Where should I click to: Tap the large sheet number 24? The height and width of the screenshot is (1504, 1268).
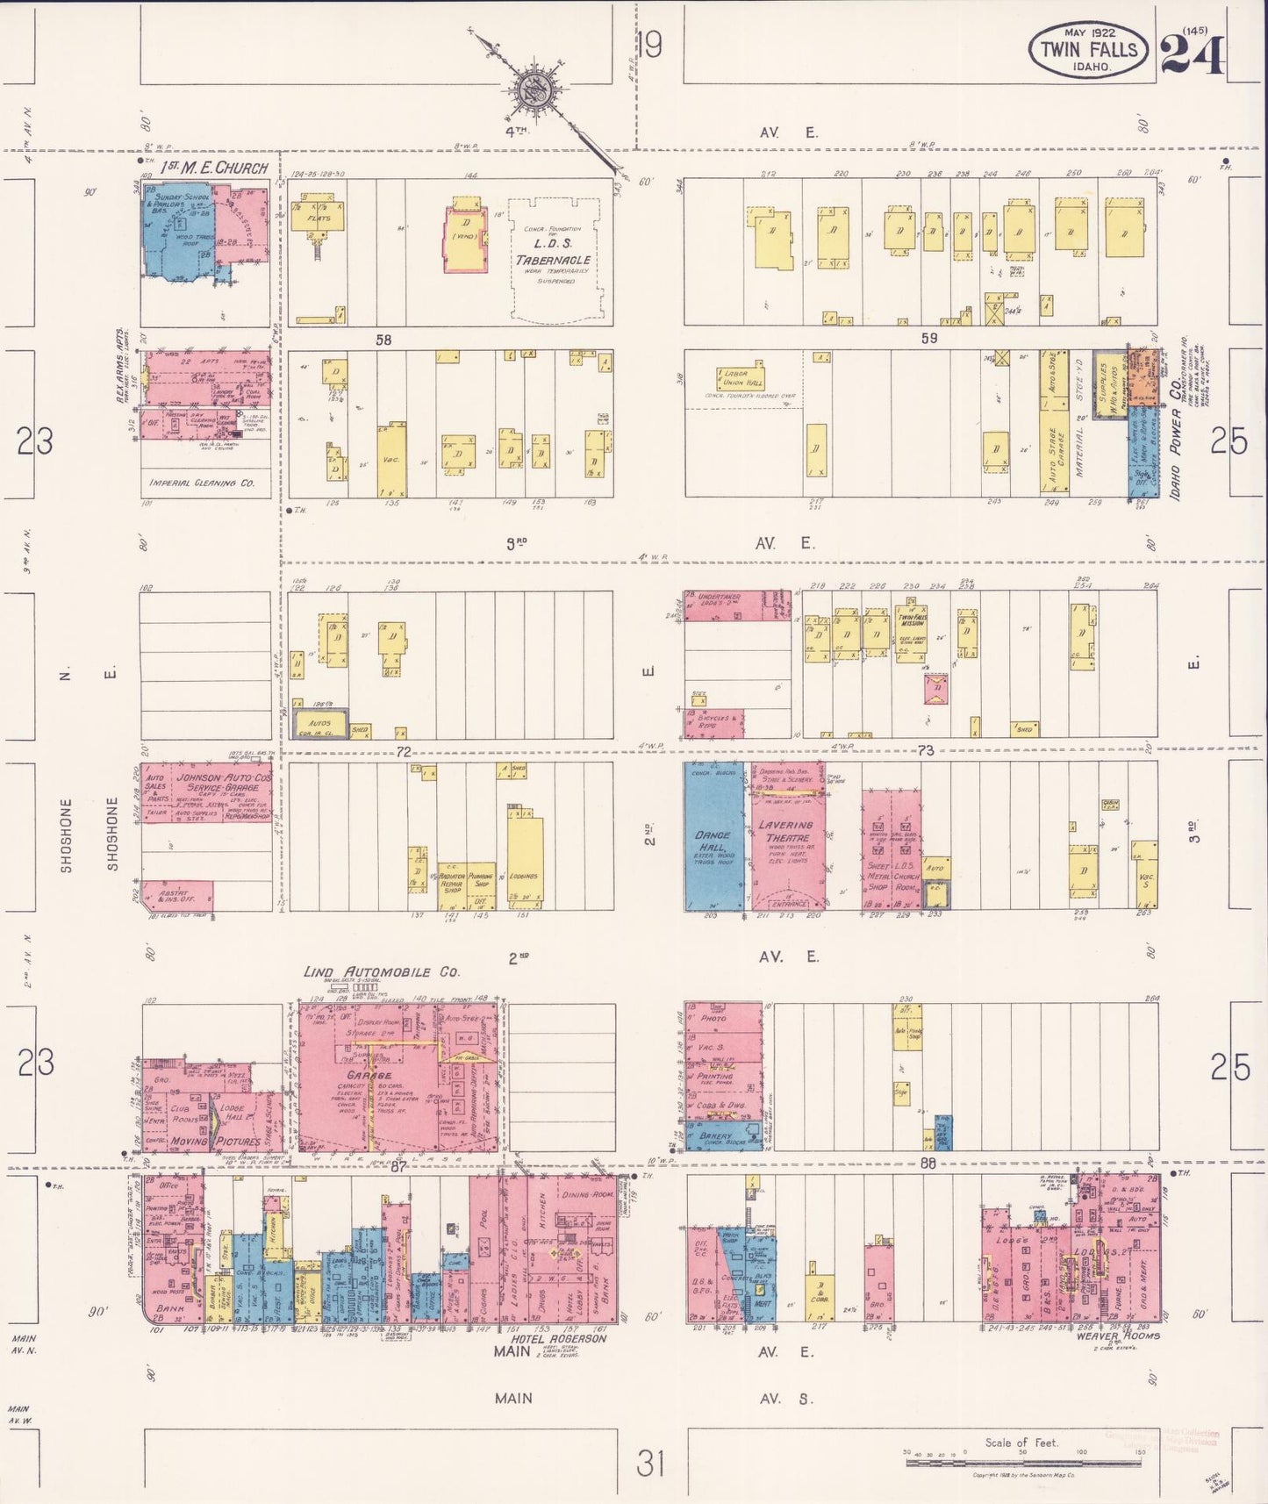coord(1192,54)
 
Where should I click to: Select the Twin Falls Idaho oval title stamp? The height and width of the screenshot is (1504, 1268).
coord(1089,50)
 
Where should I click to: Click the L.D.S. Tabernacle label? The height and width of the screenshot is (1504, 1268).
coord(553,260)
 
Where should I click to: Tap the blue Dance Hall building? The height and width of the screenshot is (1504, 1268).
coord(713,841)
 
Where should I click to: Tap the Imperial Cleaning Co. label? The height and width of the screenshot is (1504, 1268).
coord(203,483)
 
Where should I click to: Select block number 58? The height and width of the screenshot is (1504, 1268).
coord(383,340)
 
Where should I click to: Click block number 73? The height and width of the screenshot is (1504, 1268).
coord(925,749)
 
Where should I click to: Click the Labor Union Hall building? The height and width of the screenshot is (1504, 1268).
coord(741,378)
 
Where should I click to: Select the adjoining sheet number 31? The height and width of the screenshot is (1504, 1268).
coord(650,1464)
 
